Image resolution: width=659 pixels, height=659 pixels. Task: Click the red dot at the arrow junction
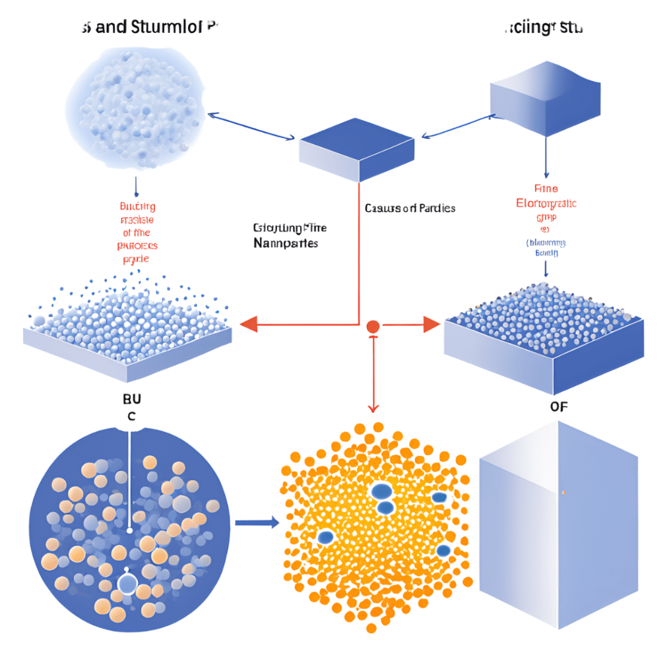373,325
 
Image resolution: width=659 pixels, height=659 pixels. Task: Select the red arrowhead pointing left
249,324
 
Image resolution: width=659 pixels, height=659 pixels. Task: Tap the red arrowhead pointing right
431,324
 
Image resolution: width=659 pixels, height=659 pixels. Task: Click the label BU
131,398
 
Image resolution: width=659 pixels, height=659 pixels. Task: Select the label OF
558,406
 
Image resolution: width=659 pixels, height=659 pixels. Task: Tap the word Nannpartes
286,243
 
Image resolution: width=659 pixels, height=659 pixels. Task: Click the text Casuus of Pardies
410,208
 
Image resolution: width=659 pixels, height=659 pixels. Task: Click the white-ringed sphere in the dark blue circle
127,583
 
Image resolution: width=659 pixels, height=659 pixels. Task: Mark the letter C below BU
131,416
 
